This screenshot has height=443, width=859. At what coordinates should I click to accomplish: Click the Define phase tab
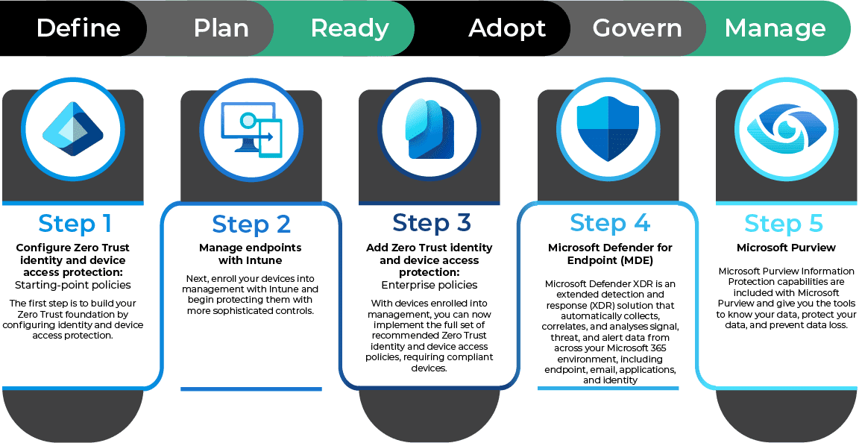(x=78, y=28)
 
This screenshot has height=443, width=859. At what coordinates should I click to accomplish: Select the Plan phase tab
(x=221, y=28)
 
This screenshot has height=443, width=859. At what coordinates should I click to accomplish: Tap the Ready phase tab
(x=350, y=28)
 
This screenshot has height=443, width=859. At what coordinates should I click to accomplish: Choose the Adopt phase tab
(x=507, y=28)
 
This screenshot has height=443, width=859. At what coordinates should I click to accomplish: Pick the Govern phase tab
(x=637, y=28)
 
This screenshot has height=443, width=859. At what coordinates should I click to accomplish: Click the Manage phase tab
(x=775, y=28)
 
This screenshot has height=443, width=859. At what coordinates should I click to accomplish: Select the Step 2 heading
(x=251, y=223)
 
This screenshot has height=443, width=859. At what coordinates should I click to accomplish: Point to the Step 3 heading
(x=431, y=223)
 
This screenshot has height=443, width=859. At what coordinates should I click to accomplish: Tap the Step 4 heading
(x=609, y=222)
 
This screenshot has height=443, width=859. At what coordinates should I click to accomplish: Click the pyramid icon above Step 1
(x=72, y=131)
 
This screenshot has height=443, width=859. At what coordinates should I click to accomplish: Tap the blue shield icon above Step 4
(x=608, y=131)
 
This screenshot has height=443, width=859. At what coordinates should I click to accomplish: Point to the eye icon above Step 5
(x=786, y=131)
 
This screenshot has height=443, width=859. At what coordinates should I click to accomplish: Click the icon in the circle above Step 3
(x=429, y=131)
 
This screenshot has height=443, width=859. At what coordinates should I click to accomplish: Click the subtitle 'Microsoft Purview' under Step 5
(x=786, y=248)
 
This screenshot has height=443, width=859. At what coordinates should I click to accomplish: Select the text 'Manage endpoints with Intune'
(x=251, y=254)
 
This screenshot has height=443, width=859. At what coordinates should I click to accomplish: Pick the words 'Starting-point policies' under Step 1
(x=72, y=285)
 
